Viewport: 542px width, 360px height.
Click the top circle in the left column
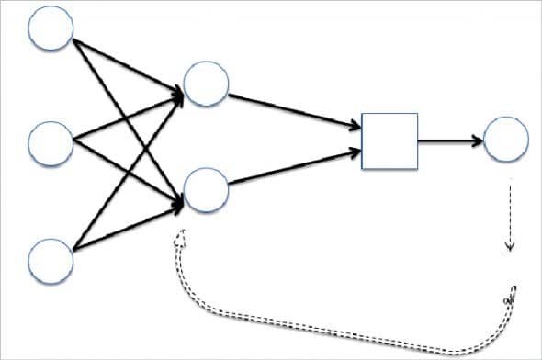tap(51, 28)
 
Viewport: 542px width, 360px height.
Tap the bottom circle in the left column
tap(51, 258)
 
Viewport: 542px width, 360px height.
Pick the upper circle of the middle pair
tap(206, 84)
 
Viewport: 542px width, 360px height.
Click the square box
tap(390, 141)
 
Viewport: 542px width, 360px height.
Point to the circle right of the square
tap(505, 141)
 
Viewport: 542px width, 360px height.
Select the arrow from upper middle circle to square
tap(294, 109)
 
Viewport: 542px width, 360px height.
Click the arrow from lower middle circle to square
tap(294, 167)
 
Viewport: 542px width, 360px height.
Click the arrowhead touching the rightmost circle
tap(476, 141)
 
